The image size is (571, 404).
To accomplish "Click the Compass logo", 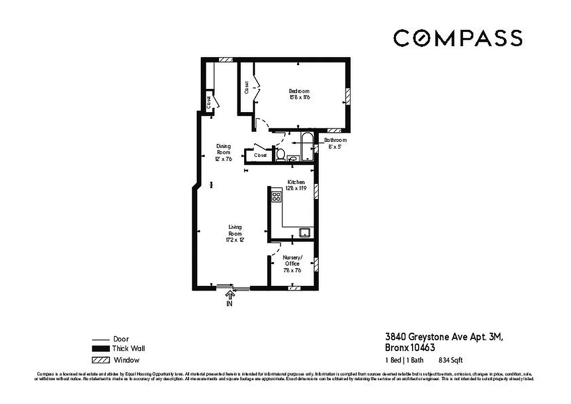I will [458, 38].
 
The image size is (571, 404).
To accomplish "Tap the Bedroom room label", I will [299, 94].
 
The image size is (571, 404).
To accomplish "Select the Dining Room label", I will [223, 152].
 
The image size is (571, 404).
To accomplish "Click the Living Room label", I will [235, 234].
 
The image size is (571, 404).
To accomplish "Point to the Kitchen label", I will [296, 184].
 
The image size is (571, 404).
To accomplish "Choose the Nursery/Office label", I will [292, 264].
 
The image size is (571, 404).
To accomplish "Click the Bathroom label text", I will [335, 143].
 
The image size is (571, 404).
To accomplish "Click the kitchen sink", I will [304, 232].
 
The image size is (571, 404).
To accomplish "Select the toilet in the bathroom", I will [280, 155].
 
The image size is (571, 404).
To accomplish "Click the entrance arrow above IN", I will [230, 294].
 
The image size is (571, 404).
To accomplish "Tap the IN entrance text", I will [230, 304].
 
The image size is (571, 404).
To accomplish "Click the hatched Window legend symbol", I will [101, 360].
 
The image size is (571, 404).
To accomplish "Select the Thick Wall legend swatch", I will [101, 349].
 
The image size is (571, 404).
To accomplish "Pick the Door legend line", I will [101, 339].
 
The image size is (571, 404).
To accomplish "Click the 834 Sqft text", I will [451, 360].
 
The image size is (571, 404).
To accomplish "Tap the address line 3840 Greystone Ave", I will [444, 336].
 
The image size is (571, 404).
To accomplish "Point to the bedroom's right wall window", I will [347, 96].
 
